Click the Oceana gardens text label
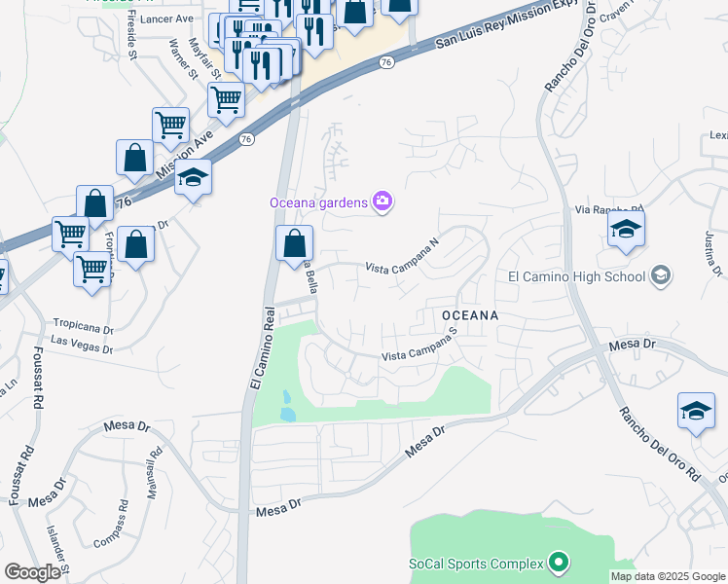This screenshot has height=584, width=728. click(x=318, y=202)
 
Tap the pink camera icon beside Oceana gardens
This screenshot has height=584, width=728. click(x=382, y=201)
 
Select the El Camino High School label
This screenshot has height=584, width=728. click(x=576, y=276)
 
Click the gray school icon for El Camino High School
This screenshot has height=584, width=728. click(x=661, y=275)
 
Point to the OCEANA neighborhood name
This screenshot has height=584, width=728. click(x=470, y=315)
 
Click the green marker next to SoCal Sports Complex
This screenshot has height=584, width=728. click(x=558, y=563)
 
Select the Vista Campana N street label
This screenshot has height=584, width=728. click(x=403, y=254)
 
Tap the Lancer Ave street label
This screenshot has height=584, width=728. click(x=166, y=18)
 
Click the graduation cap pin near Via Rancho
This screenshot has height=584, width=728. click(x=626, y=231)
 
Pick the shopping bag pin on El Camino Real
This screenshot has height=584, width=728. click(x=294, y=243)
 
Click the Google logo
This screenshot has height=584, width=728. click(x=32, y=572)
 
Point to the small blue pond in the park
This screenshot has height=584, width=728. click(x=288, y=407)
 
